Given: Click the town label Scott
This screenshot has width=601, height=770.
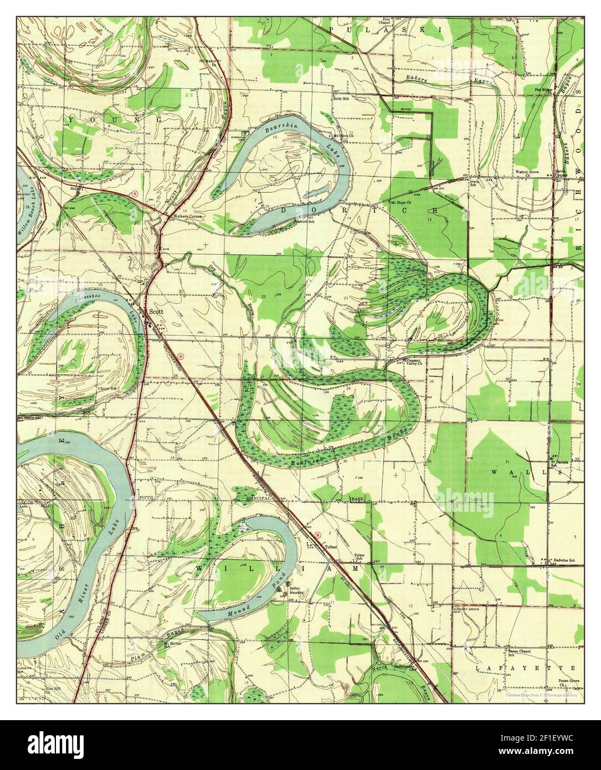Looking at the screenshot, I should point(156,312).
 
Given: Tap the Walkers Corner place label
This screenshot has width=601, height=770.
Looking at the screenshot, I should point(186,216).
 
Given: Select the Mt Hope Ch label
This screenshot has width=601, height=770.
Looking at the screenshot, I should point(402,202).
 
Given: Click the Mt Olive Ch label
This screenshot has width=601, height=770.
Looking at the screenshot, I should point(343,135).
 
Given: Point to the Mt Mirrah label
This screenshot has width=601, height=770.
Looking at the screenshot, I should point(173,644).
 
